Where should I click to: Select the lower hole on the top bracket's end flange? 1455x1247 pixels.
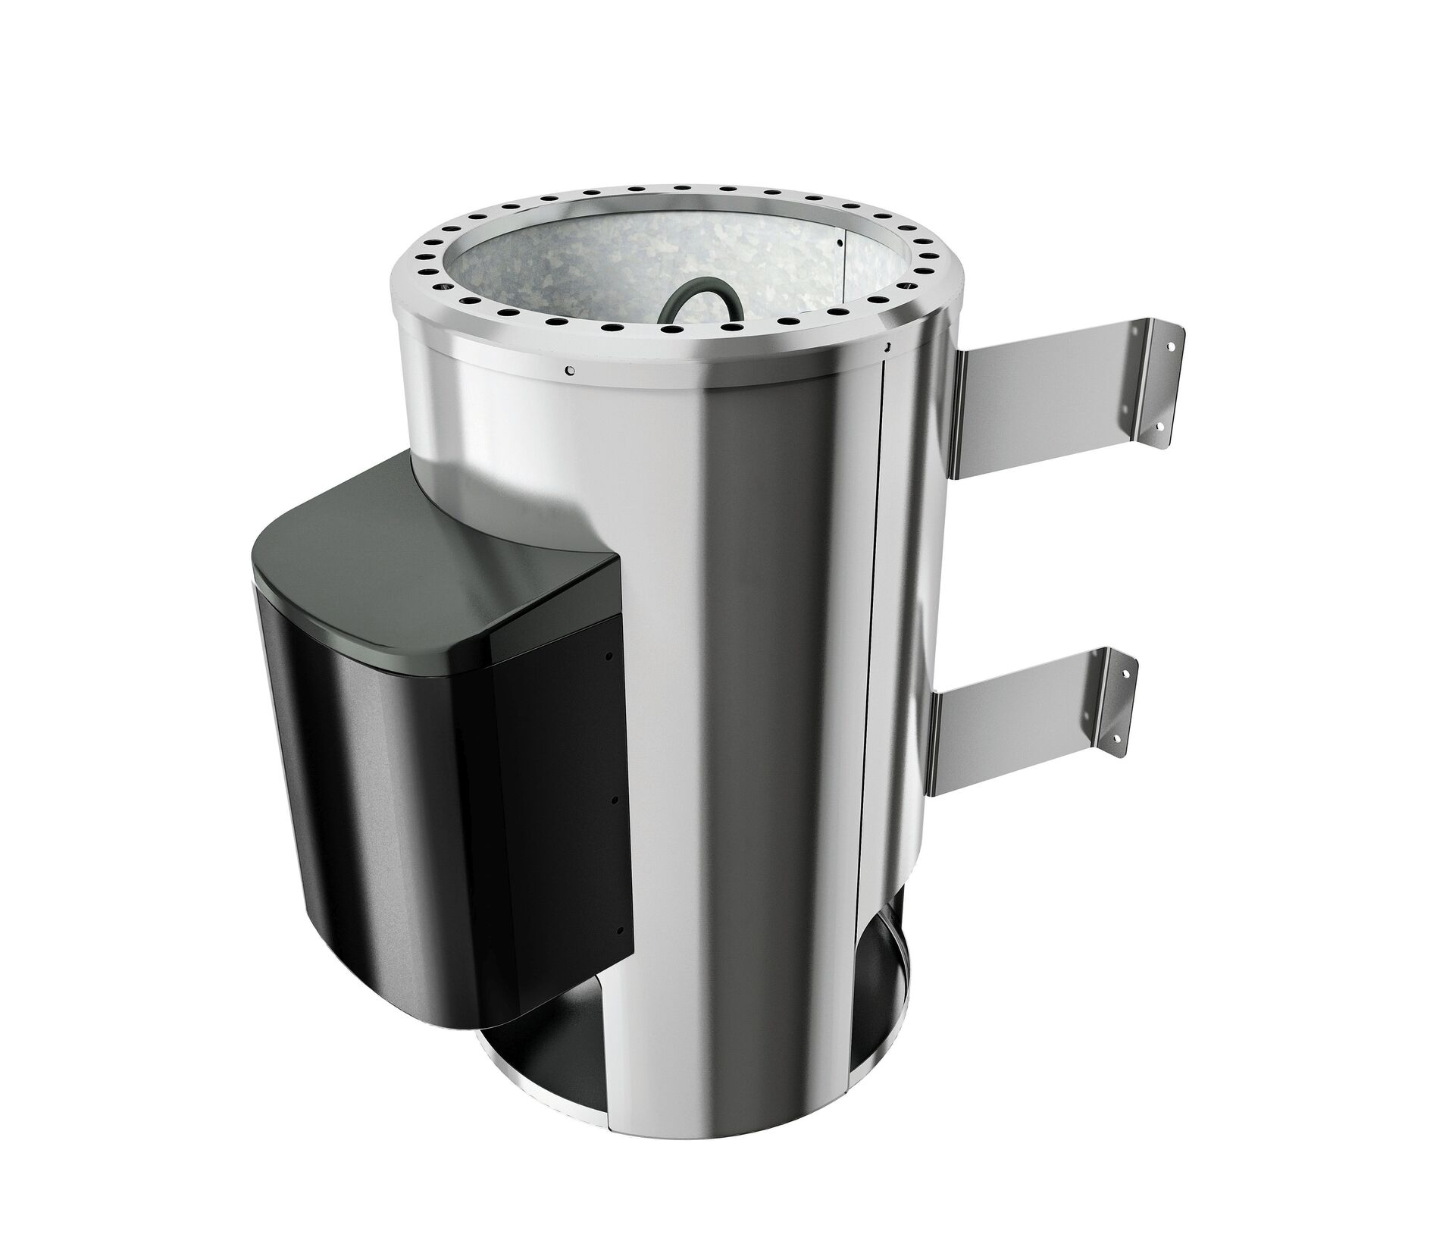pyautogui.click(x=1159, y=427)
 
